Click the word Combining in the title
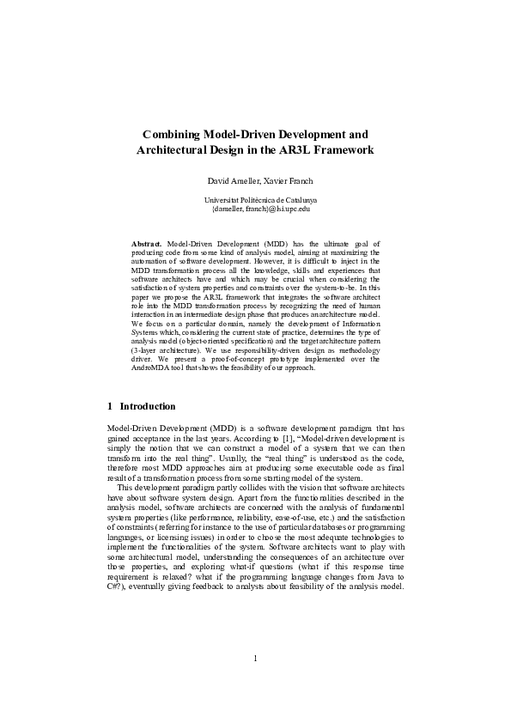[x=171, y=135]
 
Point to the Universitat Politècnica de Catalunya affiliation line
[x=255, y=199]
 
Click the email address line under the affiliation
[x=255, y=208]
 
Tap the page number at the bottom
[x=255, y=683]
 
